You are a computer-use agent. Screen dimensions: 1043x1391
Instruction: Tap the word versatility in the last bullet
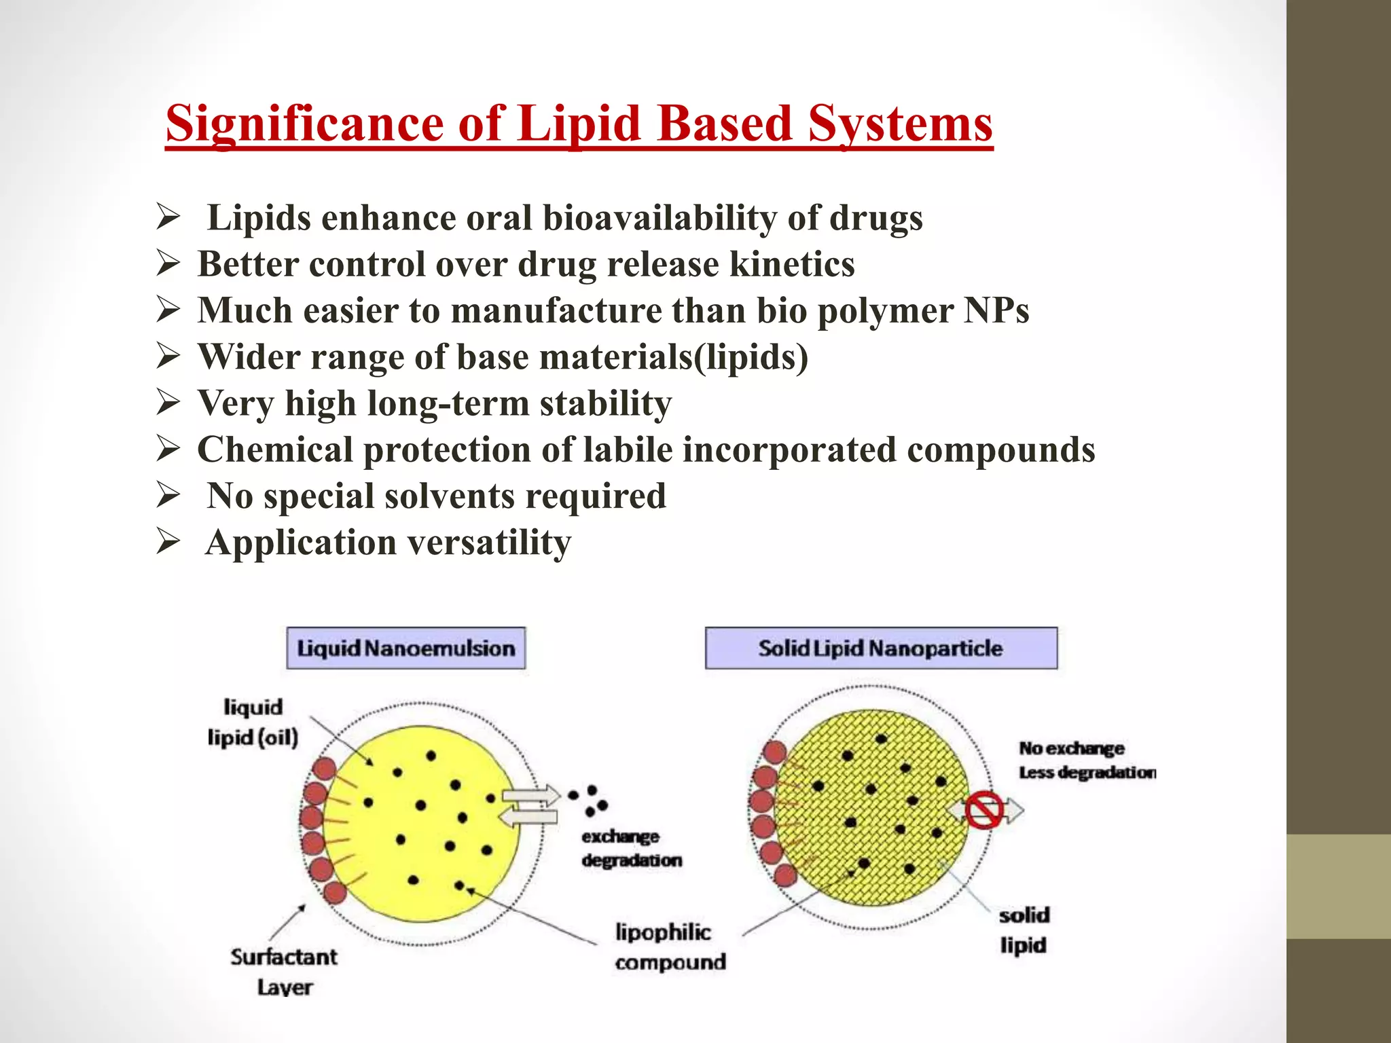coord(489,543)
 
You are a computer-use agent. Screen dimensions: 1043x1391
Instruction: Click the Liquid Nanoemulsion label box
coord(405,648)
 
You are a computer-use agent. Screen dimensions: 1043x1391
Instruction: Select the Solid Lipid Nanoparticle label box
coord(881,648)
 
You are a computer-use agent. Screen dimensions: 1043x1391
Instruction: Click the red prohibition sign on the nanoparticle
coord(984,809)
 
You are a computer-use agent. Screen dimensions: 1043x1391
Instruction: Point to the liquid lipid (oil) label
coord(253,722)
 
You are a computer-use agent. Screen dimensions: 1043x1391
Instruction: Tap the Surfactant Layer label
coord(284,972)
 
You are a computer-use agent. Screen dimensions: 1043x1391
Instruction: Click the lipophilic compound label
coord(670,947)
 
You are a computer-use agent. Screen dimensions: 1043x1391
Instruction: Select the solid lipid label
coord(1024,930)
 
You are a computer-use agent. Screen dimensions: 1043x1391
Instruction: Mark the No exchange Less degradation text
coord(1086,761)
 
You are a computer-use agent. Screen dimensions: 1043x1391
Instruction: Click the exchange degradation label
coord(631,848)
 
